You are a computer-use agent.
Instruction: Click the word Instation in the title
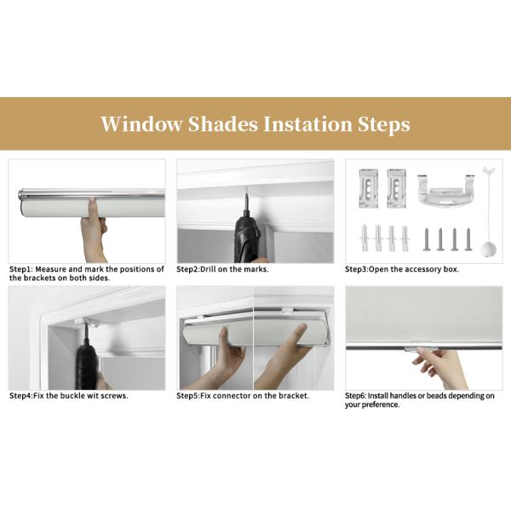pos(307,124)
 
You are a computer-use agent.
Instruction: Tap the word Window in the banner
pos(141,124)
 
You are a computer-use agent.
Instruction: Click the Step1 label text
pos(86,273)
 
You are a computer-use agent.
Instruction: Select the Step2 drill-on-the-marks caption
pos(222,269)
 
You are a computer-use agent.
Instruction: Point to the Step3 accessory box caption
pos(402,269)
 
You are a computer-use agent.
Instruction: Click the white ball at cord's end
pos(488,250)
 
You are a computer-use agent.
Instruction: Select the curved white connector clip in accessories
pos(446,192)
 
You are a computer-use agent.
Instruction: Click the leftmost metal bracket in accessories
pos(368,188)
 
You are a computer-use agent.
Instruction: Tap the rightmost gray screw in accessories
pos(468,239)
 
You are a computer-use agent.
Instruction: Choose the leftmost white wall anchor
pos(365,238)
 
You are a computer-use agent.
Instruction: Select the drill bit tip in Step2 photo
pos(247,194)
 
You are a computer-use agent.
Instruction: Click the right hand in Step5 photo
pos(285,355)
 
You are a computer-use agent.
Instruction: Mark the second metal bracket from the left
pos(396,188)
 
